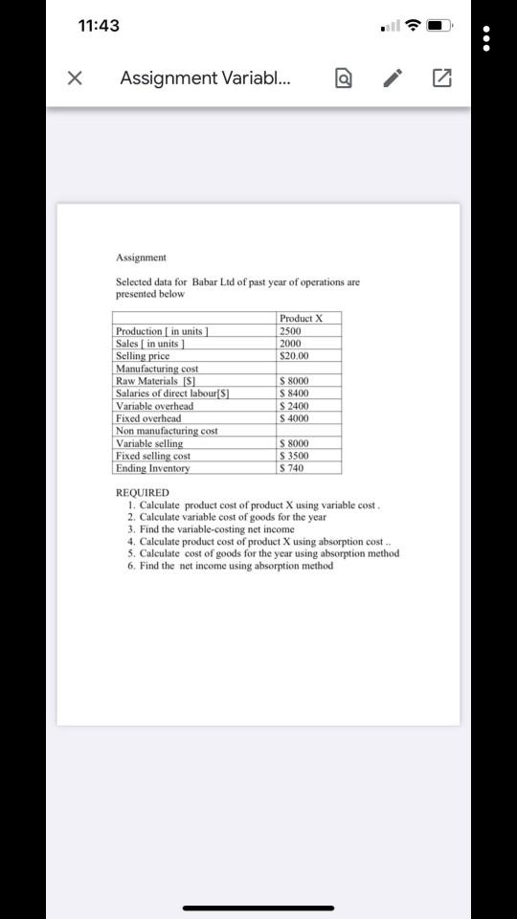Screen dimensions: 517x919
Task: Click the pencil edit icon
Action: (x=393, y=79)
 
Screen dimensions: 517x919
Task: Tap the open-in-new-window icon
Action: (x=442, y=79)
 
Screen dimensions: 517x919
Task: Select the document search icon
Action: (x=342, y=79)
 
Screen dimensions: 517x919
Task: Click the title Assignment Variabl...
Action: (x=206, y=79)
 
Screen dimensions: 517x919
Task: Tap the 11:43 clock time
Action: (x=99, y=26)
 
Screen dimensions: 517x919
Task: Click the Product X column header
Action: (x=302, y=319)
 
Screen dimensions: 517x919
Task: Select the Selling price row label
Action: (x=143, y=356)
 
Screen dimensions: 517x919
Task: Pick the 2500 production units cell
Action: (x=290, y=331)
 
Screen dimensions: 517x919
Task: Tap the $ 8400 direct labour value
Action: (x=295, y=393)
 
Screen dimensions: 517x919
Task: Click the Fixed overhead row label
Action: (x=148, y=418)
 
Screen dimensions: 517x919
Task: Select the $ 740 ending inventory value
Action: (x=291, y=468)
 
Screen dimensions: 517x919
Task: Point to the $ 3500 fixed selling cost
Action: (x=294, y=456)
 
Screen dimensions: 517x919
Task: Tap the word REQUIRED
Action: (x=142, y=493)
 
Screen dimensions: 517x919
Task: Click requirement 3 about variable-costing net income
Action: (x=217, y=529)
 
